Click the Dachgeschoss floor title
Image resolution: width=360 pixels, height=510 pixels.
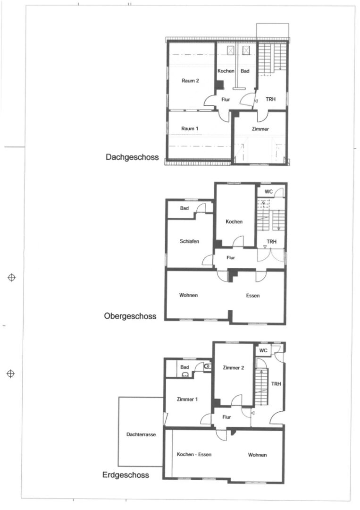(x=132, y=157)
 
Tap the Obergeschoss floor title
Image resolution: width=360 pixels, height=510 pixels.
(x=130, y=316)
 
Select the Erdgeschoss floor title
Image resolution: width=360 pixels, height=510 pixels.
(x=126, y=475)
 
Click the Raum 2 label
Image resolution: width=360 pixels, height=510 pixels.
(x=190, y=81)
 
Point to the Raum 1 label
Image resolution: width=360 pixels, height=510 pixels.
(x=189, y=128)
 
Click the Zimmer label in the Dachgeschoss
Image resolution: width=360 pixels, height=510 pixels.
(x=260, y=129)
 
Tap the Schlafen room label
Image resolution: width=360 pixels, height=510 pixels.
(x=189, y=241)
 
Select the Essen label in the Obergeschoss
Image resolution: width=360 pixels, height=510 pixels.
(x=253, y=296)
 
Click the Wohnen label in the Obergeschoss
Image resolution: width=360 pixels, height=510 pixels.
(x=188, y=295)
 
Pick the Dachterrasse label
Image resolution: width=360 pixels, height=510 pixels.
(x=141, y=434)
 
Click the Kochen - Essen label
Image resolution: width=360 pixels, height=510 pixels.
(x=194, y=454)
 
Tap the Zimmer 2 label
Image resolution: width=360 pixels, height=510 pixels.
(x=233, y=368)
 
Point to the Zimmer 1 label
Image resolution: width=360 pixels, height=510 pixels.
(x=187, y=399)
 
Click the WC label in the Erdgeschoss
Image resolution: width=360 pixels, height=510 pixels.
(x=263, y=350)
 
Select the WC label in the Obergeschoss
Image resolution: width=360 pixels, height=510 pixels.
(x=268, y=192)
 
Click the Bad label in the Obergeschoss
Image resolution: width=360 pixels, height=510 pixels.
(x=184, y=208)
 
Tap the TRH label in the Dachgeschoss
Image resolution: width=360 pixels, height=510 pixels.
(x=270, y=99)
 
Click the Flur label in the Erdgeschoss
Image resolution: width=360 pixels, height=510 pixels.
(x=226, y=417)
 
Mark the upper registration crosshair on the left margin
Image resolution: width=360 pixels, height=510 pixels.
(x=12, y=278)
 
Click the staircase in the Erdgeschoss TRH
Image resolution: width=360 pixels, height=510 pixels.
(x=261, y=387)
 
